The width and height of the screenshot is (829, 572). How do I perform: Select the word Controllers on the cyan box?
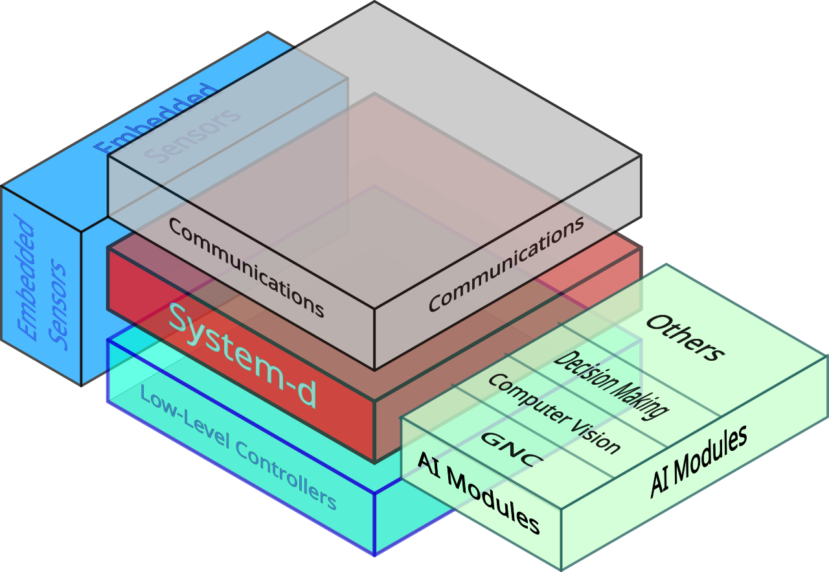(286, 475)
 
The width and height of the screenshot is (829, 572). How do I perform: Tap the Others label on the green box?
(685, 338)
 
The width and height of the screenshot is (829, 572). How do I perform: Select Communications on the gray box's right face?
(506, 264)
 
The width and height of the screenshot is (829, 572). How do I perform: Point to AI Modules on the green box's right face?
(699, 461)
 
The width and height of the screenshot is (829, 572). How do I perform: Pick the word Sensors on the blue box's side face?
(58, 304)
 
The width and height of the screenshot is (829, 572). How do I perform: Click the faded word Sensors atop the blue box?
(192, 135)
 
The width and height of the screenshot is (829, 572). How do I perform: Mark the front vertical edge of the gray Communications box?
(374, 339)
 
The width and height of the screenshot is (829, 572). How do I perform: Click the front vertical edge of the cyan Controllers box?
(374, 524)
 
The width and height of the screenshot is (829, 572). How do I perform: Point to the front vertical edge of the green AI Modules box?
(561, 540)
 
